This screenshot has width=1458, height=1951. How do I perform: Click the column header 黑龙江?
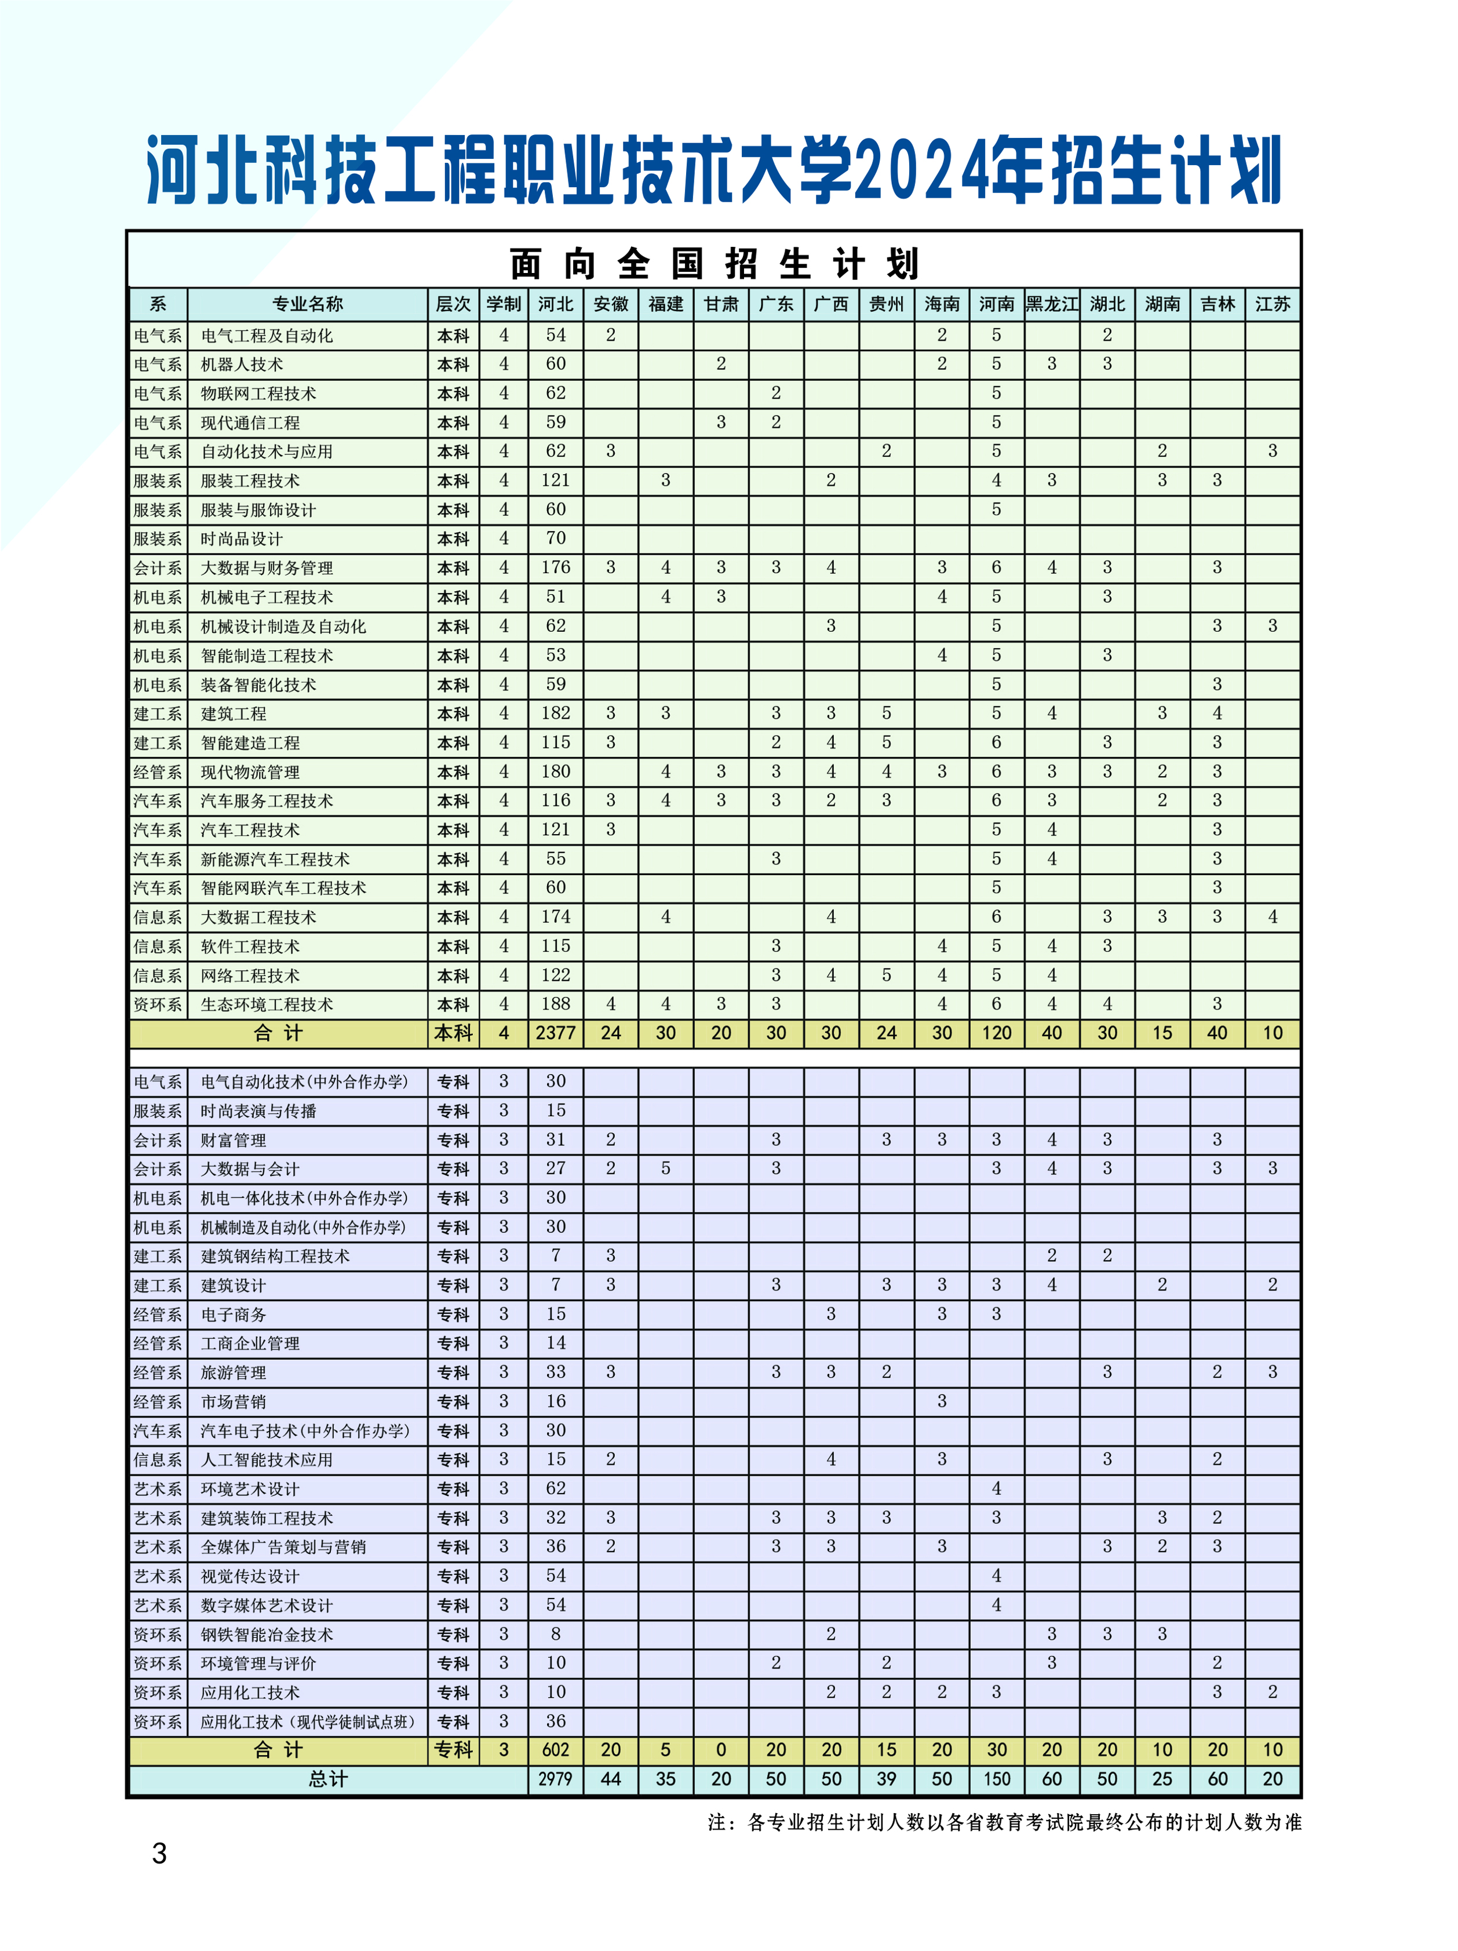(1051, 304)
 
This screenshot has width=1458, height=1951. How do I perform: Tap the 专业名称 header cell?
(307, 304)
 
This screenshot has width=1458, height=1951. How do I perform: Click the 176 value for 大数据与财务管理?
(556, 567)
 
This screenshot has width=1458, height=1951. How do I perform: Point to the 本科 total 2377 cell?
(556, 1033)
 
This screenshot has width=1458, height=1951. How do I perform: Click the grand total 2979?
(556, 1779)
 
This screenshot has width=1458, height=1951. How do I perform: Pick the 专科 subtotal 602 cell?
(556, 1750)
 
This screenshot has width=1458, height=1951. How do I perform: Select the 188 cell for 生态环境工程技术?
(556, 1004)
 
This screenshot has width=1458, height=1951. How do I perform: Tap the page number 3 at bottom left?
(159, 1854)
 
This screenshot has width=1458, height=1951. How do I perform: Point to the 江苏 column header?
(1272, 304)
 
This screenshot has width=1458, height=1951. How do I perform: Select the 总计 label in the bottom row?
(327, 1779)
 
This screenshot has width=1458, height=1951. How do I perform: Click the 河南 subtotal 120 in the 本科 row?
(997, 1033)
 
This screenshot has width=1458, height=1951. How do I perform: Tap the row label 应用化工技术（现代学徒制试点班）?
(307, 1721)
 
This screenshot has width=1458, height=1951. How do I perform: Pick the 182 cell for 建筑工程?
(556, 713)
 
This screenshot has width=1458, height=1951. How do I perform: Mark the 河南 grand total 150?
(997, 1779)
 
